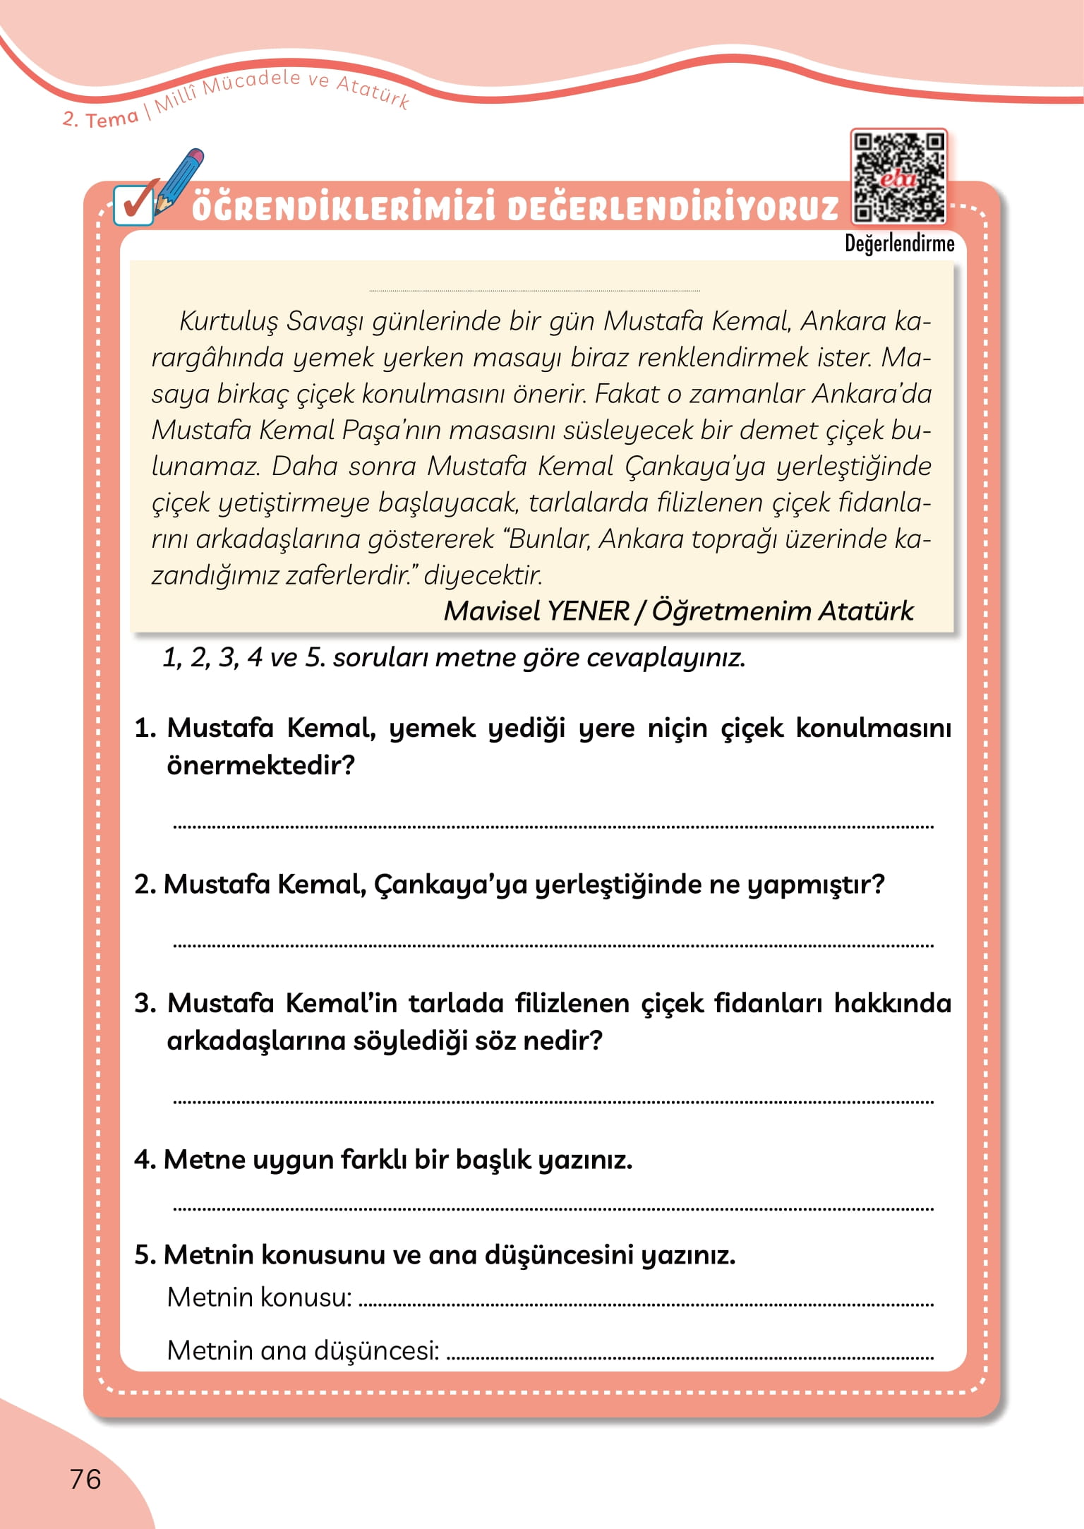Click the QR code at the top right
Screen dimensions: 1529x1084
click(898, 176)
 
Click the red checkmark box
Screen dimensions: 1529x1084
click(134, 205)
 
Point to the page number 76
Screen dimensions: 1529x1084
click(85, 1479)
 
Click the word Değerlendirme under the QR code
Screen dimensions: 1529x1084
click(899, 244)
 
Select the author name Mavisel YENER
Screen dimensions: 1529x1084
click(536, 611)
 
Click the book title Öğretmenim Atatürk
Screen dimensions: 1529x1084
click(782, 611)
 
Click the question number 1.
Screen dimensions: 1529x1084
click(144, 728)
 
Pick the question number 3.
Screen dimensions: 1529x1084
click(144, 1003)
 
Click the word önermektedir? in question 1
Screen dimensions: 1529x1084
click(260, 765)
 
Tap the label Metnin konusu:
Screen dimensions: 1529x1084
click(259, 1297)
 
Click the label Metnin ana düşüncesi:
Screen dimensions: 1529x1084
click(303, 1350)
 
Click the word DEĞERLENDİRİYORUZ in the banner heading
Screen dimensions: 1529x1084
click(673, 209)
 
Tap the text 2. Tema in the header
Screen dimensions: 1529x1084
click(100, 119)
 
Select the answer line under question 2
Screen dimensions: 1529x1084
click(553, 945)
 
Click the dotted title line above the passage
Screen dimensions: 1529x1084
click(534, 290)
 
